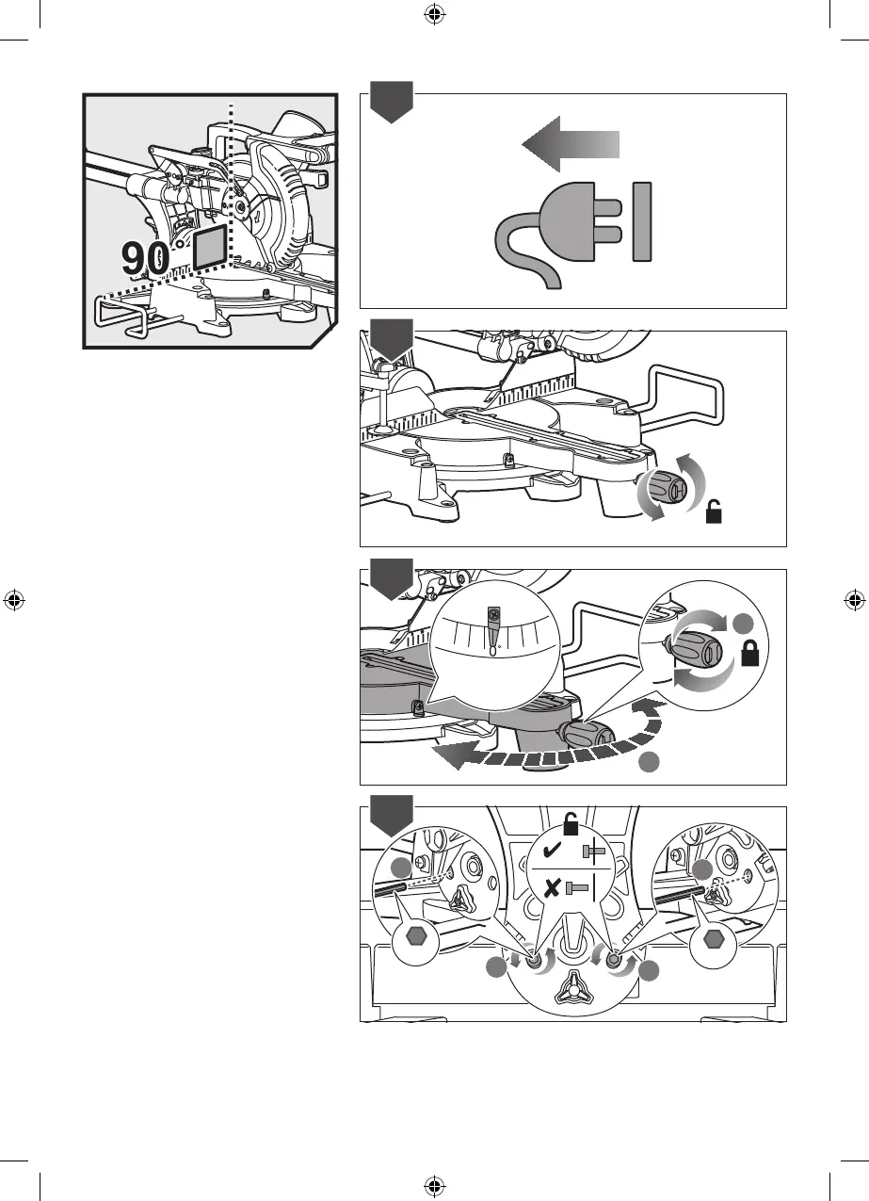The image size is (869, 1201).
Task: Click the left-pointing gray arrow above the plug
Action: click(x=571, y=144)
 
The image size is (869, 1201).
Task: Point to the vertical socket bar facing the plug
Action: click(x=643, y=221)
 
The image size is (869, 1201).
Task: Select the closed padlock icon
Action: click(x=751, y=654)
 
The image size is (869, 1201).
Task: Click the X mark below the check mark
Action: click(x=554, y=887)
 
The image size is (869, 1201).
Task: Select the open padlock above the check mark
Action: click(x=571, y=826)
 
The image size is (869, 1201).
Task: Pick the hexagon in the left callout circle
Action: click(x=414, y=939)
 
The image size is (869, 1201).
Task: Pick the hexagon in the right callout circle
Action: click(x=715, y=940)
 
